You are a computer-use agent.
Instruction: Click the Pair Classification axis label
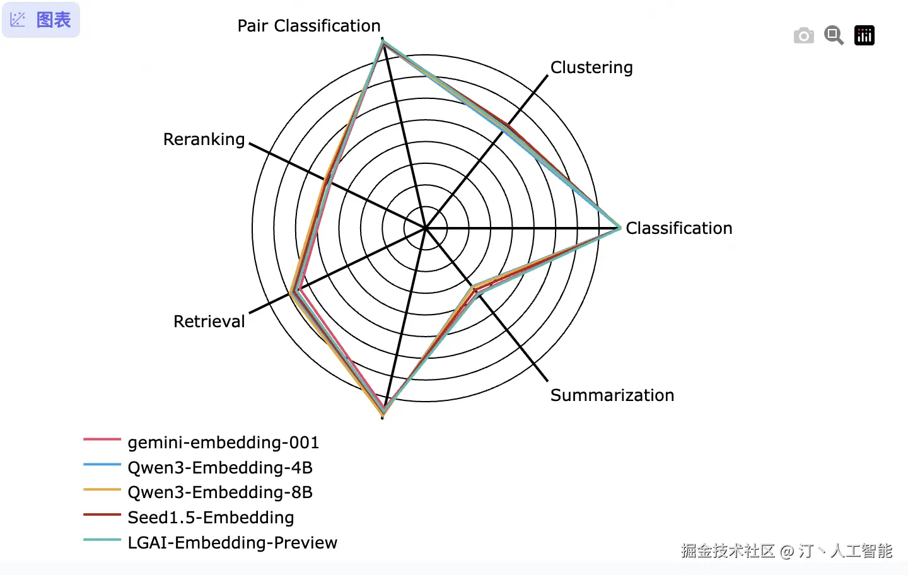(309, 26)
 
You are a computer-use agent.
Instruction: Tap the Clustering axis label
(591, 67)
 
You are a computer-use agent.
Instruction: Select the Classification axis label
(678, 228)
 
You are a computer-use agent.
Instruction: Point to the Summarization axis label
(612, 395)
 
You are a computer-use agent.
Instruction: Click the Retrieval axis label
(209, 322)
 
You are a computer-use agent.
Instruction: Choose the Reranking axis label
(204, 139)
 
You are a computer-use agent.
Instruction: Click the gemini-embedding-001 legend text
(223, 443)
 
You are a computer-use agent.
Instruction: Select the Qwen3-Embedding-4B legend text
(220, 468)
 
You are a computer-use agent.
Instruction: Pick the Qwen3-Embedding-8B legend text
(220, 492)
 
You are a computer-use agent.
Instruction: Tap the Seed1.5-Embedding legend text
(211, 518)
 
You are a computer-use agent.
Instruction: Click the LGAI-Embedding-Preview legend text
(232, 543)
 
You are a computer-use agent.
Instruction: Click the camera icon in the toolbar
(803, 36)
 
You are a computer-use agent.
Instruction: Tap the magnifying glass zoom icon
(834, 35)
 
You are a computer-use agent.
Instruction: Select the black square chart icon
(864, 35)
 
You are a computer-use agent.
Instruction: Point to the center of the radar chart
(426, 228)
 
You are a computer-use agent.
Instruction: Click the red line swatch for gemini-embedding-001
(102, 439)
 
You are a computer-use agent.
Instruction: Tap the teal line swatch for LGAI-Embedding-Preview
(102, 540)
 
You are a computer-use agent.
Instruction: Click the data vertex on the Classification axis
(620, 228)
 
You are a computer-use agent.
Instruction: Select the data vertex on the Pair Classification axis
(383, 42)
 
